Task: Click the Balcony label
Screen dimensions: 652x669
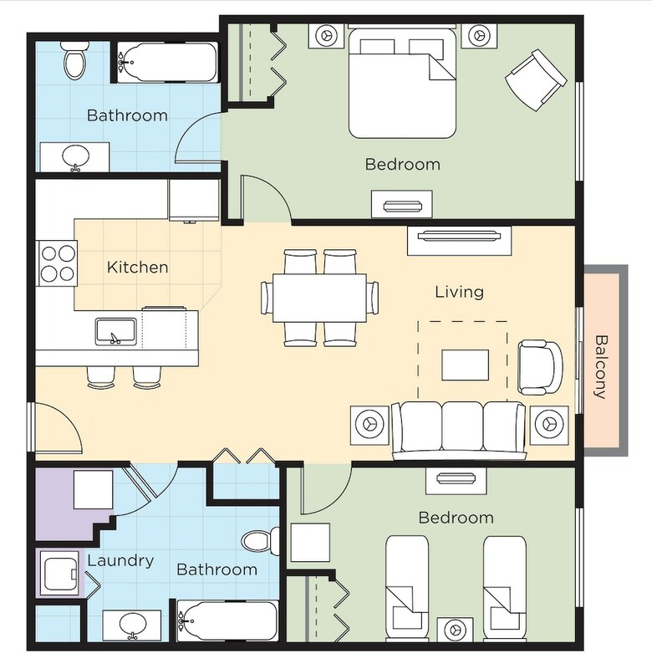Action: point(600,367)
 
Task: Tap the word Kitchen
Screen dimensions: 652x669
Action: point(137,268)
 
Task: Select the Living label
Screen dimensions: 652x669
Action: point(459,292)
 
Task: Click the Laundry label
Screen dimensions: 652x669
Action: point(120,560)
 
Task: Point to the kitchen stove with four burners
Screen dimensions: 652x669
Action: point(58,263)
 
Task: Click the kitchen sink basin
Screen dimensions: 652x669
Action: point(115,331)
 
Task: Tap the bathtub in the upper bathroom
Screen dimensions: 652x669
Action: point(166,62)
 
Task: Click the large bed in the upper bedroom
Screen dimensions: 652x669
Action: point(402,82)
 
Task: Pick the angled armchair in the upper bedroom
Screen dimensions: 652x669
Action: point(536,79)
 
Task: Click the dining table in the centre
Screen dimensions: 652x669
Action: point(319,298)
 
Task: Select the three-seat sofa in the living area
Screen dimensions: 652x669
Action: point(459,429)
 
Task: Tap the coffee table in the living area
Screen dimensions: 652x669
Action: point(466,365)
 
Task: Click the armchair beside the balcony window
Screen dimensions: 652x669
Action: point(540,367)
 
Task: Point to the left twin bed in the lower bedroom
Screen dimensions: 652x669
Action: point(407,588)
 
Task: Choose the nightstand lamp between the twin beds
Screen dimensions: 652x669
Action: point(455,630)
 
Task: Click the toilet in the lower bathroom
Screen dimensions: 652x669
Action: point(260,541)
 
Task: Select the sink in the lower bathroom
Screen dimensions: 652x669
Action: point(133,625)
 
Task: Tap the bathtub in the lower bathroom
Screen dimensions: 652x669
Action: point(227,620)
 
